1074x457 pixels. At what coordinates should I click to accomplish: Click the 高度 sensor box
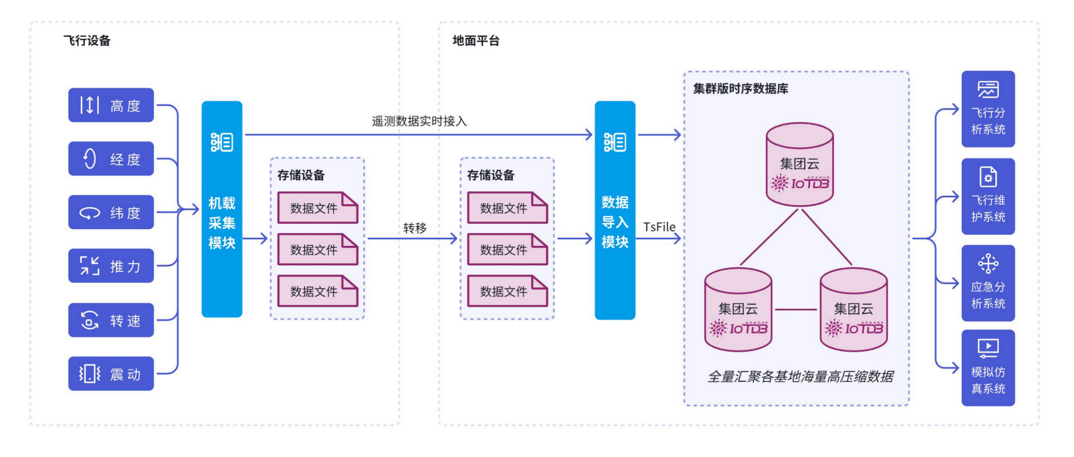(x=111, y=105)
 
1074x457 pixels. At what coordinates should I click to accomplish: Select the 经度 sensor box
(x=111, y=159)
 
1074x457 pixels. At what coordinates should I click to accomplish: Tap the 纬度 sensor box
(x=111, y=212)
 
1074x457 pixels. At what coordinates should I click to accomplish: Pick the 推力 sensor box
(x=111, y=266)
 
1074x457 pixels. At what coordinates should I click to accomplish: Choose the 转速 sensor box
(x=111, y=320)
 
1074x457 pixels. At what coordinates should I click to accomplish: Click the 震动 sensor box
(x=111, y=374)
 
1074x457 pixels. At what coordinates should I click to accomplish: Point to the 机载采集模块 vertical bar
(x=222, y=209)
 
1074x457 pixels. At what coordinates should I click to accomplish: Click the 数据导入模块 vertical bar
(x=615, y=210)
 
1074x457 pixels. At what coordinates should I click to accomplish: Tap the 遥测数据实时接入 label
(x=419, y=121)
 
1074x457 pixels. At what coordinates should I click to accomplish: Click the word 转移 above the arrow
(x=415, y=228)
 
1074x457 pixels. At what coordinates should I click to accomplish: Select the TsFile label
(x=659, y=227)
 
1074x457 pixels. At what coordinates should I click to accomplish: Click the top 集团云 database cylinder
(x=800, y=164)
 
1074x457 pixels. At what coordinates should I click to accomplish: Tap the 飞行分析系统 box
(x=988, y=109)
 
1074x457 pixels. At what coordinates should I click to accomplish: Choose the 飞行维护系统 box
(x=988, y=196)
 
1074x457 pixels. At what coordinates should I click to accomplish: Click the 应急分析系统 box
(x=988, y=283)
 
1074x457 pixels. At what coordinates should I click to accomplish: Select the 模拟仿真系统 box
(x=988, y=368)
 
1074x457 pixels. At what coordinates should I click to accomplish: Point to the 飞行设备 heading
(x=87, y=41)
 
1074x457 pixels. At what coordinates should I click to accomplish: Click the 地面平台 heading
(x=476, y=41)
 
